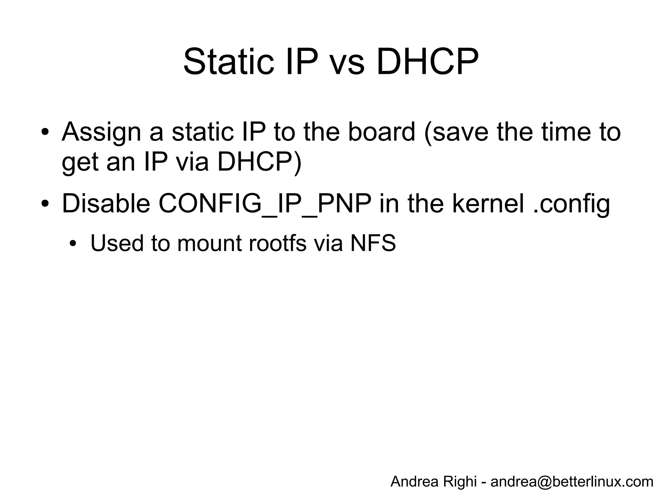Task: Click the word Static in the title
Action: (x=229, y=62)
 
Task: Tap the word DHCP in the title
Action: (x=427, y=62)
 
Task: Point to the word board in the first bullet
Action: (x=382, y=132)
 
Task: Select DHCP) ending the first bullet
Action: (x=259, y=162)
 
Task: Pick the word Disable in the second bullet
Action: (x=106, y=204)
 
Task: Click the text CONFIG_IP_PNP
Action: (x=265, y=204)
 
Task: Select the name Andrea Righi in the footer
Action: (x=433, y=481)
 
